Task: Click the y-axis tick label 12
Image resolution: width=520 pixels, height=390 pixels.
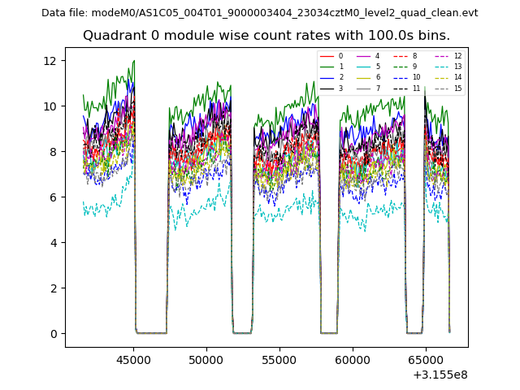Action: (49, 61)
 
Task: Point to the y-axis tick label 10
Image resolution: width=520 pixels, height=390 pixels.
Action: (49, 106)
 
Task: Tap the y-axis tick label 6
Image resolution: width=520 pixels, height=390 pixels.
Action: (52, 197)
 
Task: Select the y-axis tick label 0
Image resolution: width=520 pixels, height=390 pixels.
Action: (52, 334)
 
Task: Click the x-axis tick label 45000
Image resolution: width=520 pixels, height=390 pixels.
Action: (133, 359)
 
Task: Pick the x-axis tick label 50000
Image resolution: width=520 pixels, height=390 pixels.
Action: (206, 359)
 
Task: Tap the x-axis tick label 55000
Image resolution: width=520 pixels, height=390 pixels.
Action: (279, 359)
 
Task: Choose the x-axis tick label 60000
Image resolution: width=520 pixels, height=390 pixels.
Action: (352, 359)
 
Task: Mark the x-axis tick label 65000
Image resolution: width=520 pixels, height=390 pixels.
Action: (425, 359)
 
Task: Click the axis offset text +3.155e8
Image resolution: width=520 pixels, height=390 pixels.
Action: (440, 375)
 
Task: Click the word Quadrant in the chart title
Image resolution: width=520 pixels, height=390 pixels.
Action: (112, 36)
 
